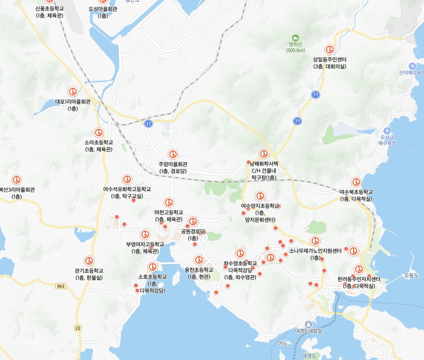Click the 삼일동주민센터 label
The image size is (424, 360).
click(330, 62)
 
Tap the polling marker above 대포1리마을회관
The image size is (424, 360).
click(73, 92)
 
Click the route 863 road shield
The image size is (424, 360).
click(60, 286)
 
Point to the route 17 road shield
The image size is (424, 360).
click(148, 123)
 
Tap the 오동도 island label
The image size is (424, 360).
click(411, 275)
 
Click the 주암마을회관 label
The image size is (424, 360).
click(173, 167)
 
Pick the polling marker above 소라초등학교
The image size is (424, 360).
click(99, 132)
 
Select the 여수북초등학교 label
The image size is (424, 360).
click(356, 195)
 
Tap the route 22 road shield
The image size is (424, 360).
click(78, 328)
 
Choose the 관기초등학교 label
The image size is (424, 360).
click(89, 274)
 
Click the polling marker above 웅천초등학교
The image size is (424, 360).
click(199, 260)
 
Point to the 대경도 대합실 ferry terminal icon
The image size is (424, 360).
click(308, 323)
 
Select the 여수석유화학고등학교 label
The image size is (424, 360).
click(127, 192)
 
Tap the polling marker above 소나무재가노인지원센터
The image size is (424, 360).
click(315, 241)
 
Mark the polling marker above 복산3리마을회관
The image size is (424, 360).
click(16, 180)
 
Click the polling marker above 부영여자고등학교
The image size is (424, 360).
click(145, 235)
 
